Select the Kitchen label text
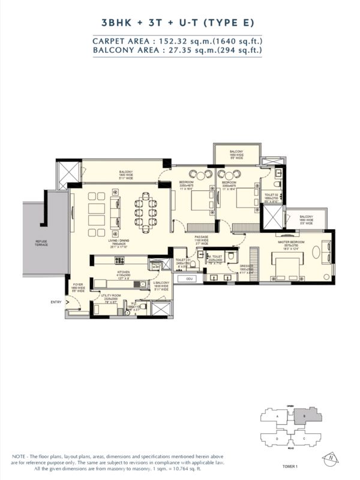coord(124,271)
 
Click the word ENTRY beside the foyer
coord(56,302)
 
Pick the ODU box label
coord(188,279)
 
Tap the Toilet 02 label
coord(271,195)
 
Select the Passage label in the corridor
coord(201,238)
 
